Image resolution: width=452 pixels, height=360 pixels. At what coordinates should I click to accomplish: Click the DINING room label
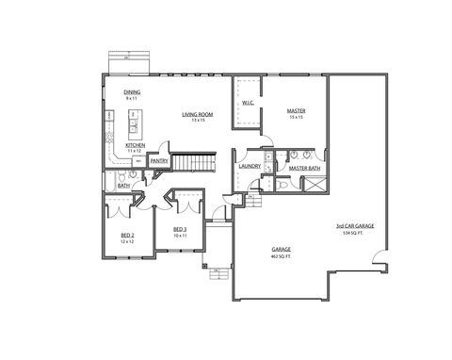pos(133,91)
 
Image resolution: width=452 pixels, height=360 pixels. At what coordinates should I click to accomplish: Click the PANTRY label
pos(158,161)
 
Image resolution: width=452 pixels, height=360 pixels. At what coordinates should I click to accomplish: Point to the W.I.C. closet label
pos(247,103)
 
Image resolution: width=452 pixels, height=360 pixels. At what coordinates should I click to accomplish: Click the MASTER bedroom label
pos(297,111)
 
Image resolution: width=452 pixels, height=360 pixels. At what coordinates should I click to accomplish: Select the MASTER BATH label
pos(305,168)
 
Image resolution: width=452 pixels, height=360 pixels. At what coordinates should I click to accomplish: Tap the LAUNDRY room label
pos(250,166)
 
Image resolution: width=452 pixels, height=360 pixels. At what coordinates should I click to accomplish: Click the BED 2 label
pos(128,236)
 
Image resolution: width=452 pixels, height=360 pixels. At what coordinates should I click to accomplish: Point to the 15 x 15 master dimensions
pos(297,118)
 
